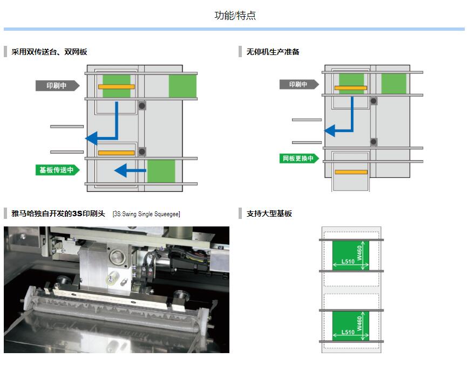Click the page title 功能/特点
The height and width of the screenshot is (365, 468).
235,16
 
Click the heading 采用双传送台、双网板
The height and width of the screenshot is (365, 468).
49,52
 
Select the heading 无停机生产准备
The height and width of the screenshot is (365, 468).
273,52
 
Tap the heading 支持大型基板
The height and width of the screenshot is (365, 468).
269,214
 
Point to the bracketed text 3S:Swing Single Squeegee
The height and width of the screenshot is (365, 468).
146,214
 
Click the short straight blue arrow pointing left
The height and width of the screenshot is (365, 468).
130,171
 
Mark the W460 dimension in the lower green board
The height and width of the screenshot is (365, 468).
360,323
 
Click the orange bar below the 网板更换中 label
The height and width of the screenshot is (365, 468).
351,172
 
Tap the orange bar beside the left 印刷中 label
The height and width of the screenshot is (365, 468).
116,86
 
